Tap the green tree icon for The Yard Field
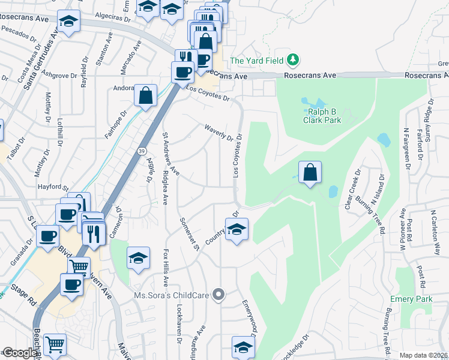pyautogui.click(x=293, y=60)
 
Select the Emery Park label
pyautogui.click(x=411, y=298)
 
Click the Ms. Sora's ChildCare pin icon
pyautogui.click(x=220, y=295)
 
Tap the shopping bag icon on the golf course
pyautogui.click(x=310, y=173)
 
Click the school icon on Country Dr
pyautogui.click(x=237, y=229)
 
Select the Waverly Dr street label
pyautogui.click(x=218, y=133)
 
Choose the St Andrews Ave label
pyautogui.click(x=171, y=154)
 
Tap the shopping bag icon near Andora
pyautogui.click(x=145, y=94)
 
